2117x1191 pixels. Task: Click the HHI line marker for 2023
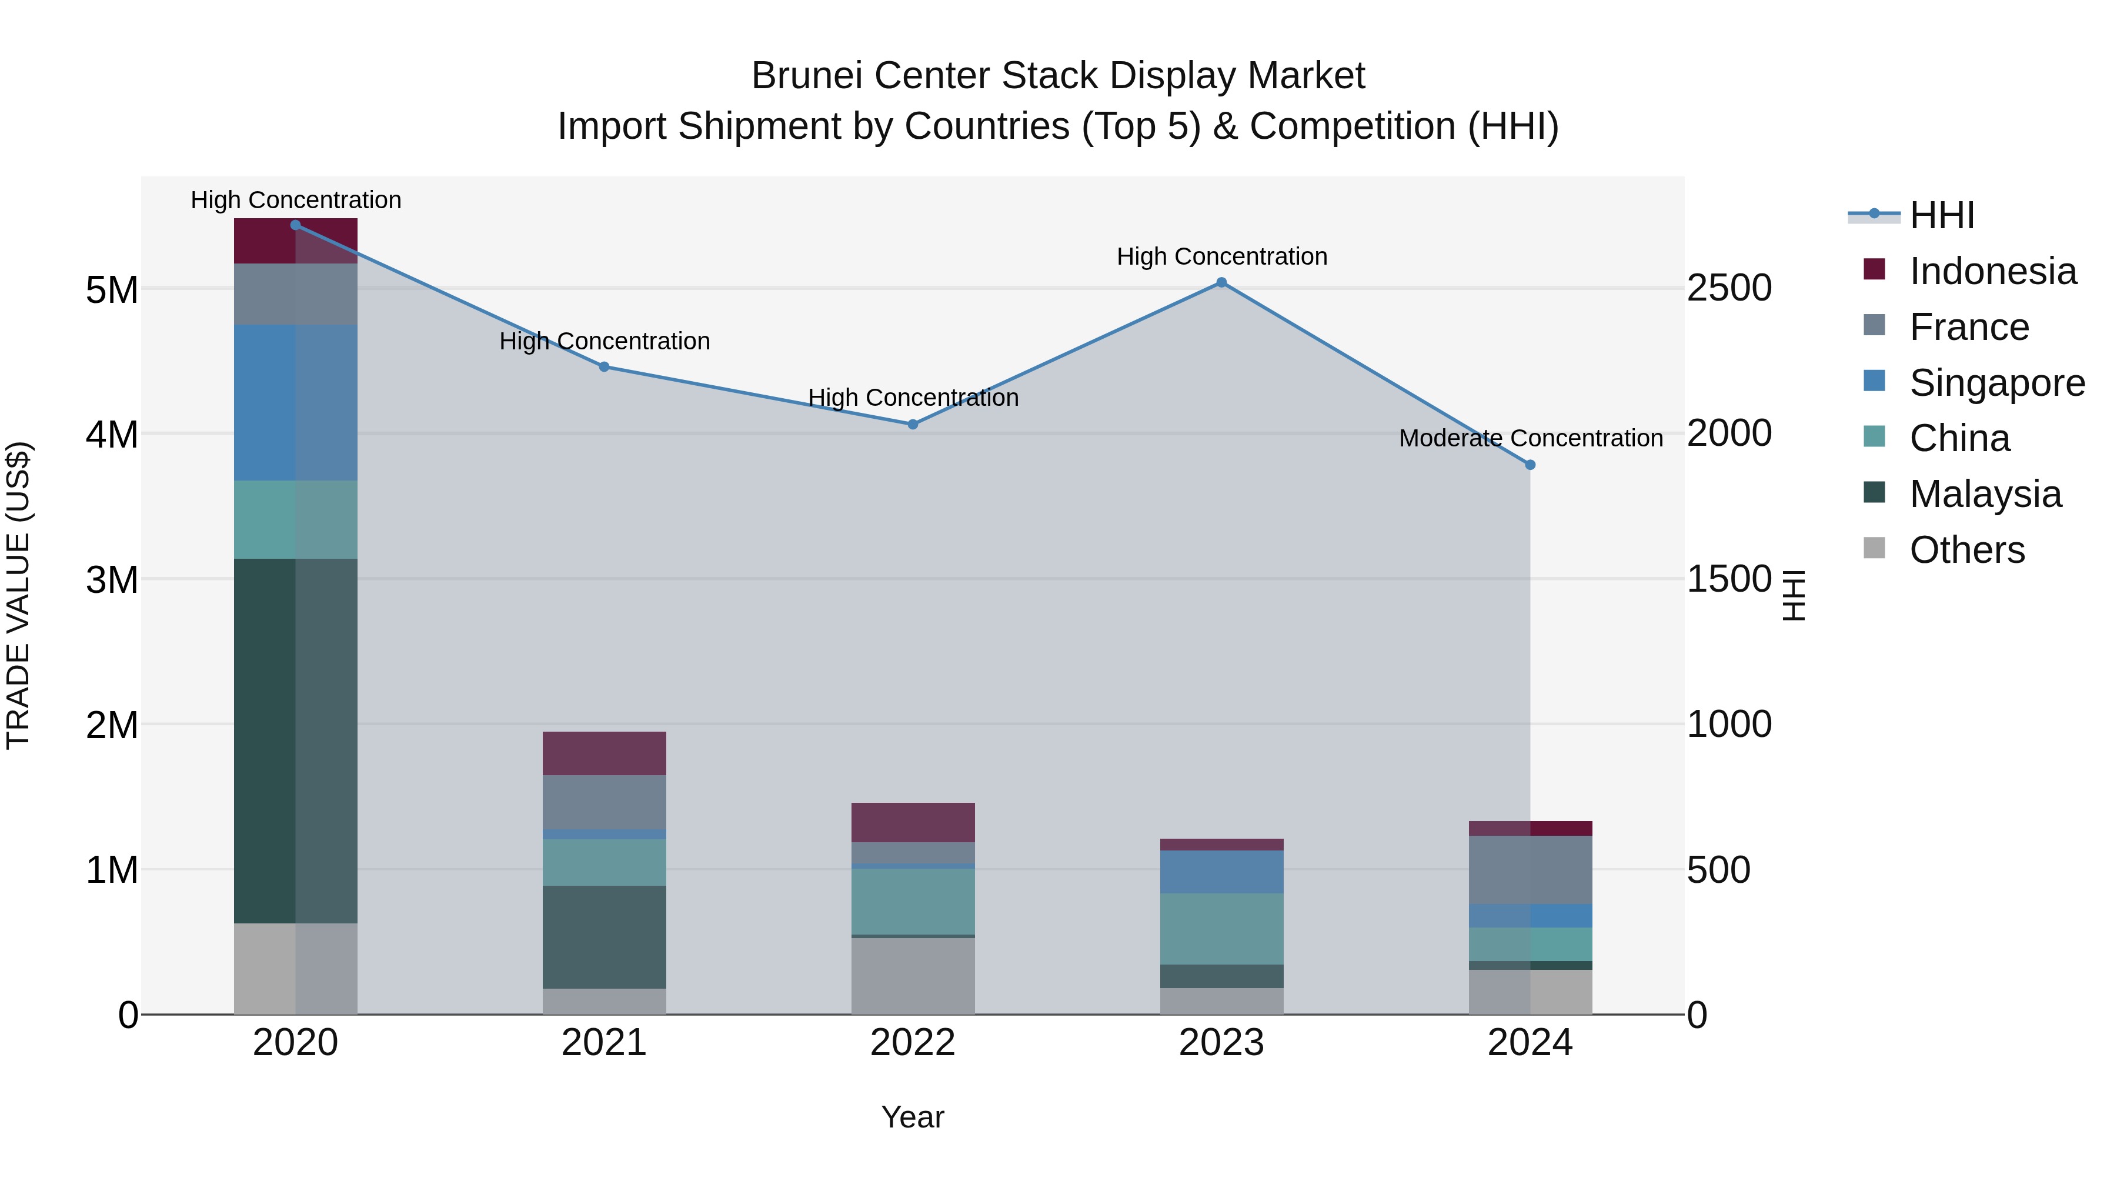click(1221, 283)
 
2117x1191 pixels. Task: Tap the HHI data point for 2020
click(296, 225)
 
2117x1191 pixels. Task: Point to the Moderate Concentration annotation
click(1530, 438)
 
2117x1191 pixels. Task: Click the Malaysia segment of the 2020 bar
click(296, 740)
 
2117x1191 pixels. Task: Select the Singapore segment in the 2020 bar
click(296, 403)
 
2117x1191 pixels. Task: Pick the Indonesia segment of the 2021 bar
click(604, 753)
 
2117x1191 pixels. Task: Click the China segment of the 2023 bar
click(1221, 929)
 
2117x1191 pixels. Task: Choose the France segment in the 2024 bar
click(1530, 870)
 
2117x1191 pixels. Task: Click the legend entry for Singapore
click(1996, 383)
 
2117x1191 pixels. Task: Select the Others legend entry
click(1966, 550)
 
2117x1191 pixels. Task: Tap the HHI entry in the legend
click(1941, 215)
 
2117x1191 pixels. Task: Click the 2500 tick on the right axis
click(1729, 289)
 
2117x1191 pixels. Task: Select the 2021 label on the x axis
click(604, 1043)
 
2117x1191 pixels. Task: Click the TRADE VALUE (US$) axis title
click(18, 595)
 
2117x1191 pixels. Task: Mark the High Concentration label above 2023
click(1221, 256)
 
